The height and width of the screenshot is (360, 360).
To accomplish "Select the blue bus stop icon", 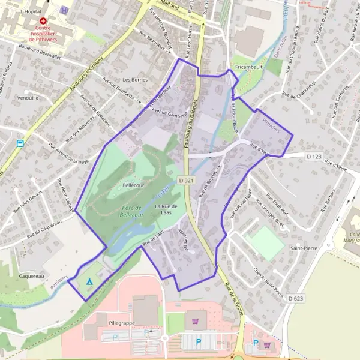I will click(20, 144).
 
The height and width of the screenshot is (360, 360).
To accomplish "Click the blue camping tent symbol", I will click(90, 281).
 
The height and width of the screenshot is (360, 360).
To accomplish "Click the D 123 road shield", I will click(314, 157).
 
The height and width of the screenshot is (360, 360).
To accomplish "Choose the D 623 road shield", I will click(295, 298).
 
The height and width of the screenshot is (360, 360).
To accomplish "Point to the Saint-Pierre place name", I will click(304, 247).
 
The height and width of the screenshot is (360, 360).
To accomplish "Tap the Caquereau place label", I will click(31, 276).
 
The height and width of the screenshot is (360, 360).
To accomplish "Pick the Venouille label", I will click(28, 97).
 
